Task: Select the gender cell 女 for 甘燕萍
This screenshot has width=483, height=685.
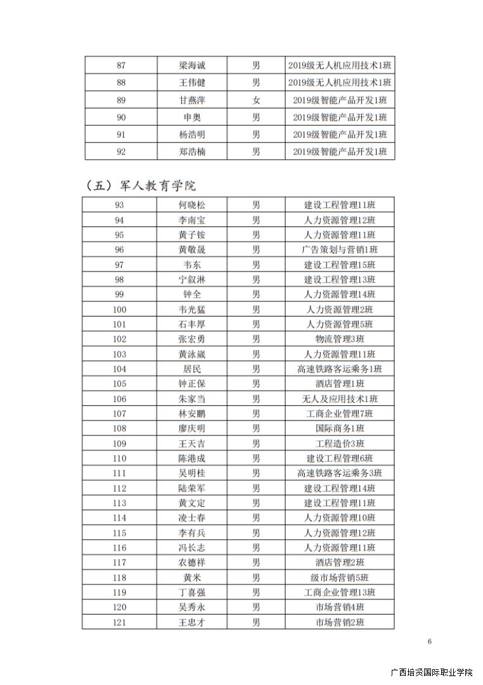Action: tap(256, 100)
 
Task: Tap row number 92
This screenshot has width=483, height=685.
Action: tap(121, 152)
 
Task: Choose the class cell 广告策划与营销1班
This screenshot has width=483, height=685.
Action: tap(339, 250)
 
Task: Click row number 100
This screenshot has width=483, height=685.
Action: tap(119, 310)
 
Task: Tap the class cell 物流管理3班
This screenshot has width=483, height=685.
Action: tap(339, 339)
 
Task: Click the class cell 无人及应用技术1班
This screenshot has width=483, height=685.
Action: tap(339, 399)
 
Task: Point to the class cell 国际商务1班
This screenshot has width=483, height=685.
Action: tap(339, 429)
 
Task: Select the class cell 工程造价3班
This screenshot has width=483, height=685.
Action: tap(339, 443)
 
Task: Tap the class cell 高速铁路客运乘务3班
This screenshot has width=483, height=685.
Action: tap(339, 473)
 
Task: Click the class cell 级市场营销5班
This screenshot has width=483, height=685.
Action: tap(339, 578)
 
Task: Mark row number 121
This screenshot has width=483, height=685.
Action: tap(119, 622)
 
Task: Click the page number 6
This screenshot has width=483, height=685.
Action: tap(430, 641)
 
